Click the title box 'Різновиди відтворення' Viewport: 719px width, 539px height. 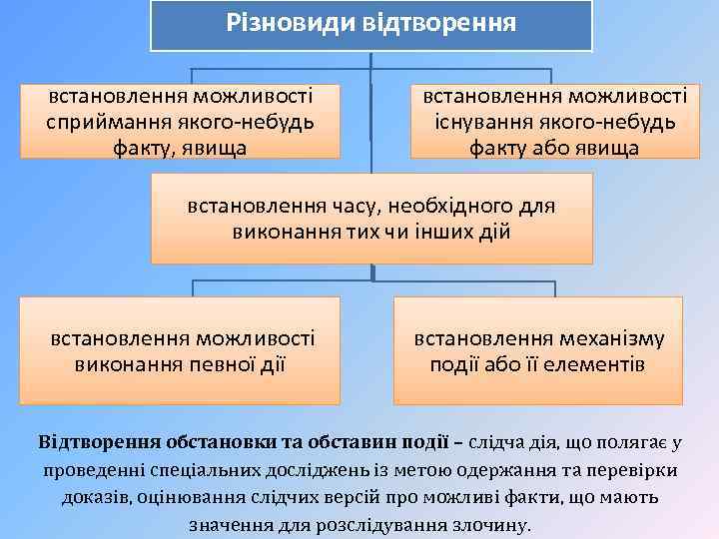tap(370, 25)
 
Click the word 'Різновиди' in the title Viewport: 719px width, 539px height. tap(283, 22)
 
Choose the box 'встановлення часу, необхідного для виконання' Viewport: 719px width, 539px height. tap(370, 219)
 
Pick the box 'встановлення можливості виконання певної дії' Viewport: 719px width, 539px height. tap(181, 350)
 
